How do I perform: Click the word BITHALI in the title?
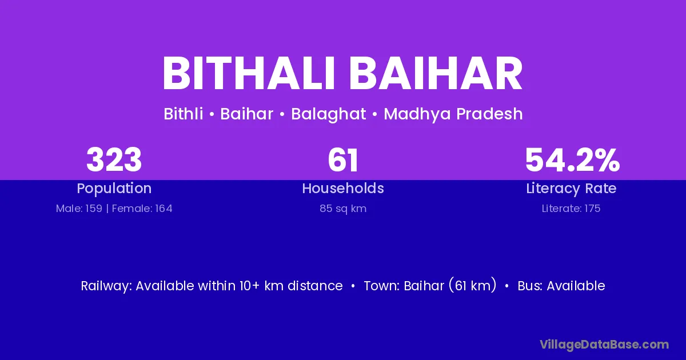248,73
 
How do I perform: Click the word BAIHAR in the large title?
436,73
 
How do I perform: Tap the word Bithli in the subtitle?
183,114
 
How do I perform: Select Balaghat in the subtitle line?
328,114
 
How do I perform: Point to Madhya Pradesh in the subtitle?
453,114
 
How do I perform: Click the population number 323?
114,160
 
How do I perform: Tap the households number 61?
342,160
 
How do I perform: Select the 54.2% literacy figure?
572,160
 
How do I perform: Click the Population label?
114,189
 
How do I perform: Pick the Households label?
343,188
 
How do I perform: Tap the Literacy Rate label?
571,189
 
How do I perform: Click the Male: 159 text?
79,209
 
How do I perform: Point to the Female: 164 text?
142,209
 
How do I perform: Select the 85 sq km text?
343,209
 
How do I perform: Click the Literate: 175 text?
571,209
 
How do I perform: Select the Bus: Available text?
561,286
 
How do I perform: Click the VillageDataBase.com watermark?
604,345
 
